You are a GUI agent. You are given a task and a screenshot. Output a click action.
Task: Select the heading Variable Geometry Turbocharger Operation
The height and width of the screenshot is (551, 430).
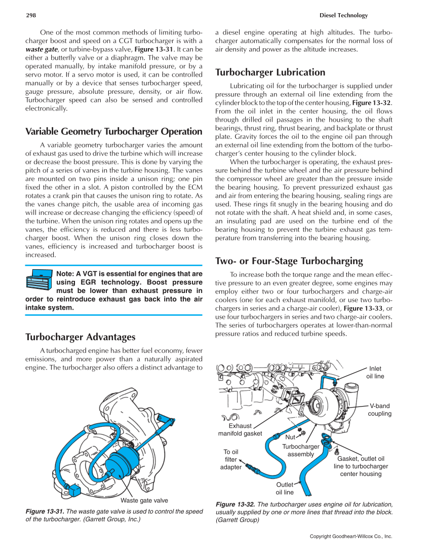click(113, 132)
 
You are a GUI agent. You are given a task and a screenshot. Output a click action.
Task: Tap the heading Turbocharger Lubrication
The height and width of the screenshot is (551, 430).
click(270, 72)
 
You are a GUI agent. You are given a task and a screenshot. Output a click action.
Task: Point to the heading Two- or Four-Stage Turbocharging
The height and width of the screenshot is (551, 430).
click(289, 261)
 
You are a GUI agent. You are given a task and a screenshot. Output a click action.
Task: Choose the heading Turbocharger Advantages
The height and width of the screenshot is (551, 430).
click(80, 337)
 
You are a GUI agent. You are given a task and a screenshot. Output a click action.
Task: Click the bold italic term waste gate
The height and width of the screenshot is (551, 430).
click(42, 50)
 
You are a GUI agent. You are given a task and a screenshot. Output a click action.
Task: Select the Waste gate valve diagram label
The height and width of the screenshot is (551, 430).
click(144, 500)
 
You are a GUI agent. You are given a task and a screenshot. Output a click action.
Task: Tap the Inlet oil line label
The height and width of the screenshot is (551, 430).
click(375, 373)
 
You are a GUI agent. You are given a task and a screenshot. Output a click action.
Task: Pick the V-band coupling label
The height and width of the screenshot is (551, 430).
click(379, 410)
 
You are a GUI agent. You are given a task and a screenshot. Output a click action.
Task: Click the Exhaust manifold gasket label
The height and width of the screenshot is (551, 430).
click(240, 430)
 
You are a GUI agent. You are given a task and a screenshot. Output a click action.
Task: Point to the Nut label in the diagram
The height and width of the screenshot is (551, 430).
click(290, 437)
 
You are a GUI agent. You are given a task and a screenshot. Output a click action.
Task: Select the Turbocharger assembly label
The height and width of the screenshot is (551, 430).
click(301, 450)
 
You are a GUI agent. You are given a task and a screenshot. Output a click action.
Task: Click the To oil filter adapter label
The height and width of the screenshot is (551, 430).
click(231, 459)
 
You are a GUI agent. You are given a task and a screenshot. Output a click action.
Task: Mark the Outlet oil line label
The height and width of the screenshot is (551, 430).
click(284, 489)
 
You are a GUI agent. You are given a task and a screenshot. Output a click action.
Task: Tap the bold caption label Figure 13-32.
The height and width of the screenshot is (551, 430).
click(235, 504)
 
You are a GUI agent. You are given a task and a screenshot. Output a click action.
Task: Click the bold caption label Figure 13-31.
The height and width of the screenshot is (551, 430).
click(45, 511)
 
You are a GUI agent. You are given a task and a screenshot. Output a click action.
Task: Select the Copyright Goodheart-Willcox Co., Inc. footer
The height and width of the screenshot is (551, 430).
click(351, 536)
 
